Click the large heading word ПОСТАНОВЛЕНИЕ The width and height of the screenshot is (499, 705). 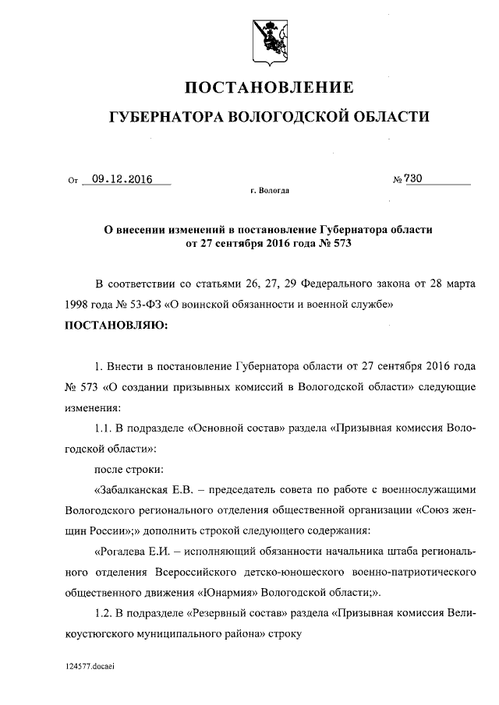coord(268,86)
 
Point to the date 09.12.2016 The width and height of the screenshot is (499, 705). coord(121,178)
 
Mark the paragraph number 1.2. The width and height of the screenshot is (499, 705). coord(103,612)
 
